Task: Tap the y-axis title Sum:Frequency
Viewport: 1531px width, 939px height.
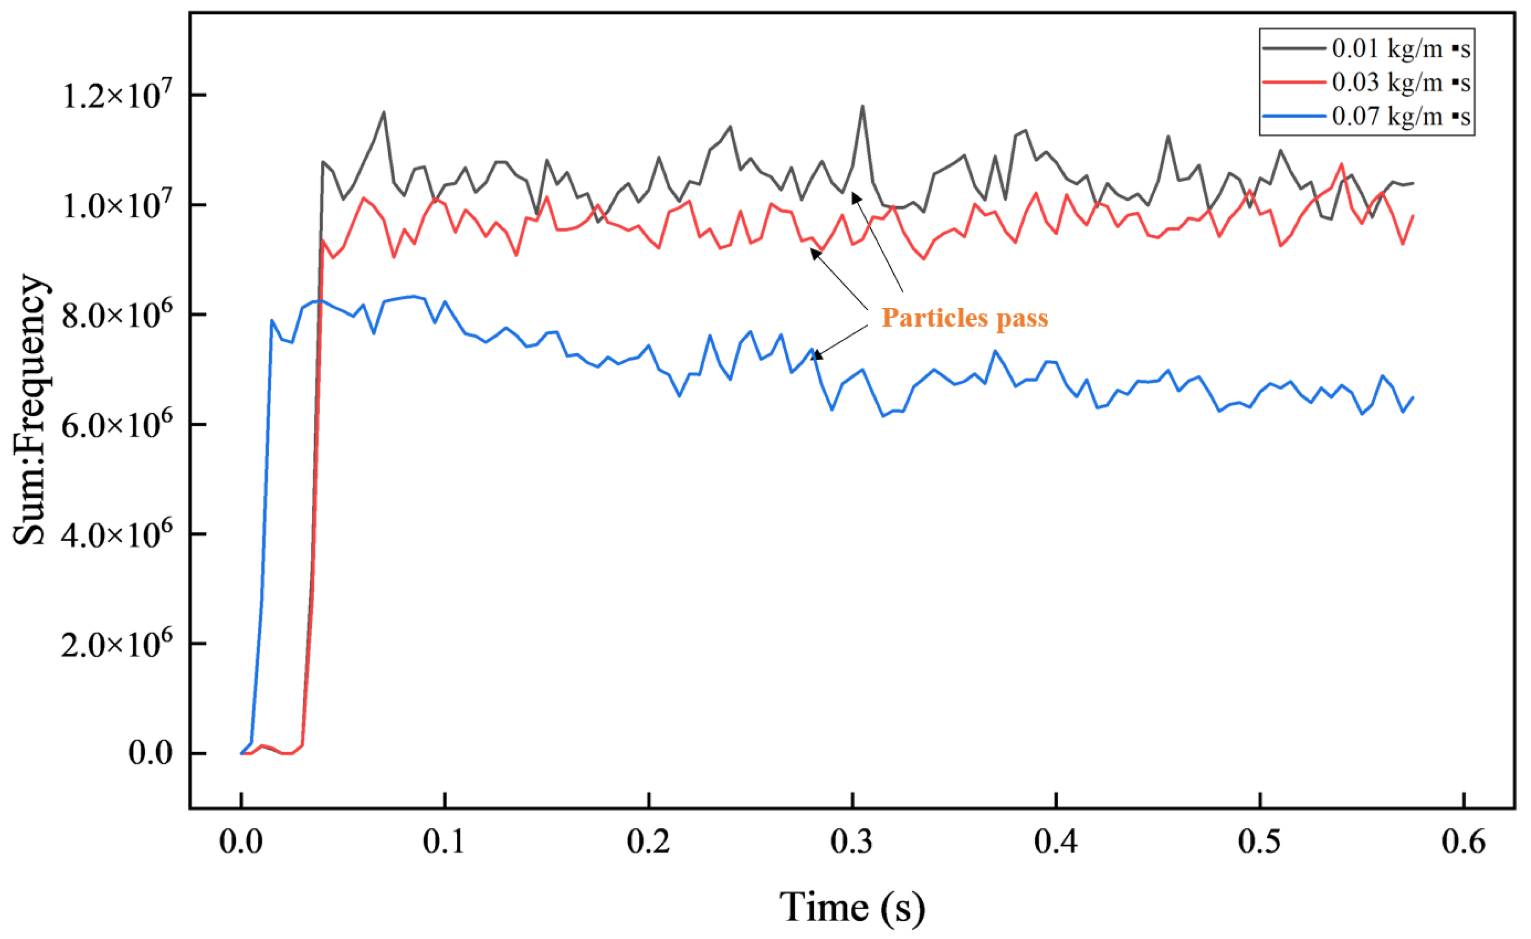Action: click(x=30, y=410)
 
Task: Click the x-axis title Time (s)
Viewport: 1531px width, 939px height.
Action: click(x=852, y=907)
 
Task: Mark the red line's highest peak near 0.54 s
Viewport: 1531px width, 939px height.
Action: click(x=1342, y=164)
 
